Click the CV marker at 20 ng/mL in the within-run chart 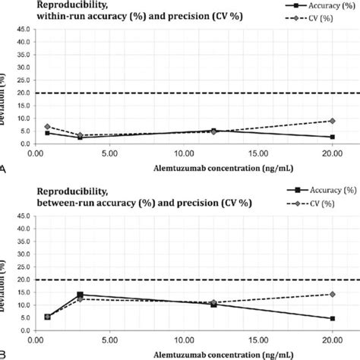coord(332,121)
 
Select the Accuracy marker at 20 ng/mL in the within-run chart coord(332,137)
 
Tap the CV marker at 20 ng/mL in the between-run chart coord(332,294)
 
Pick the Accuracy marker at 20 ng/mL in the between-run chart coord(332,318)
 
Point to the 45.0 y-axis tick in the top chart coord(22,30)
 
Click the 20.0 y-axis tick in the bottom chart coord(22,280)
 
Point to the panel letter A coord(5,171)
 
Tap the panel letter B coord(5,353)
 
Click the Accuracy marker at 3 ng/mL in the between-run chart coord(80,295)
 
